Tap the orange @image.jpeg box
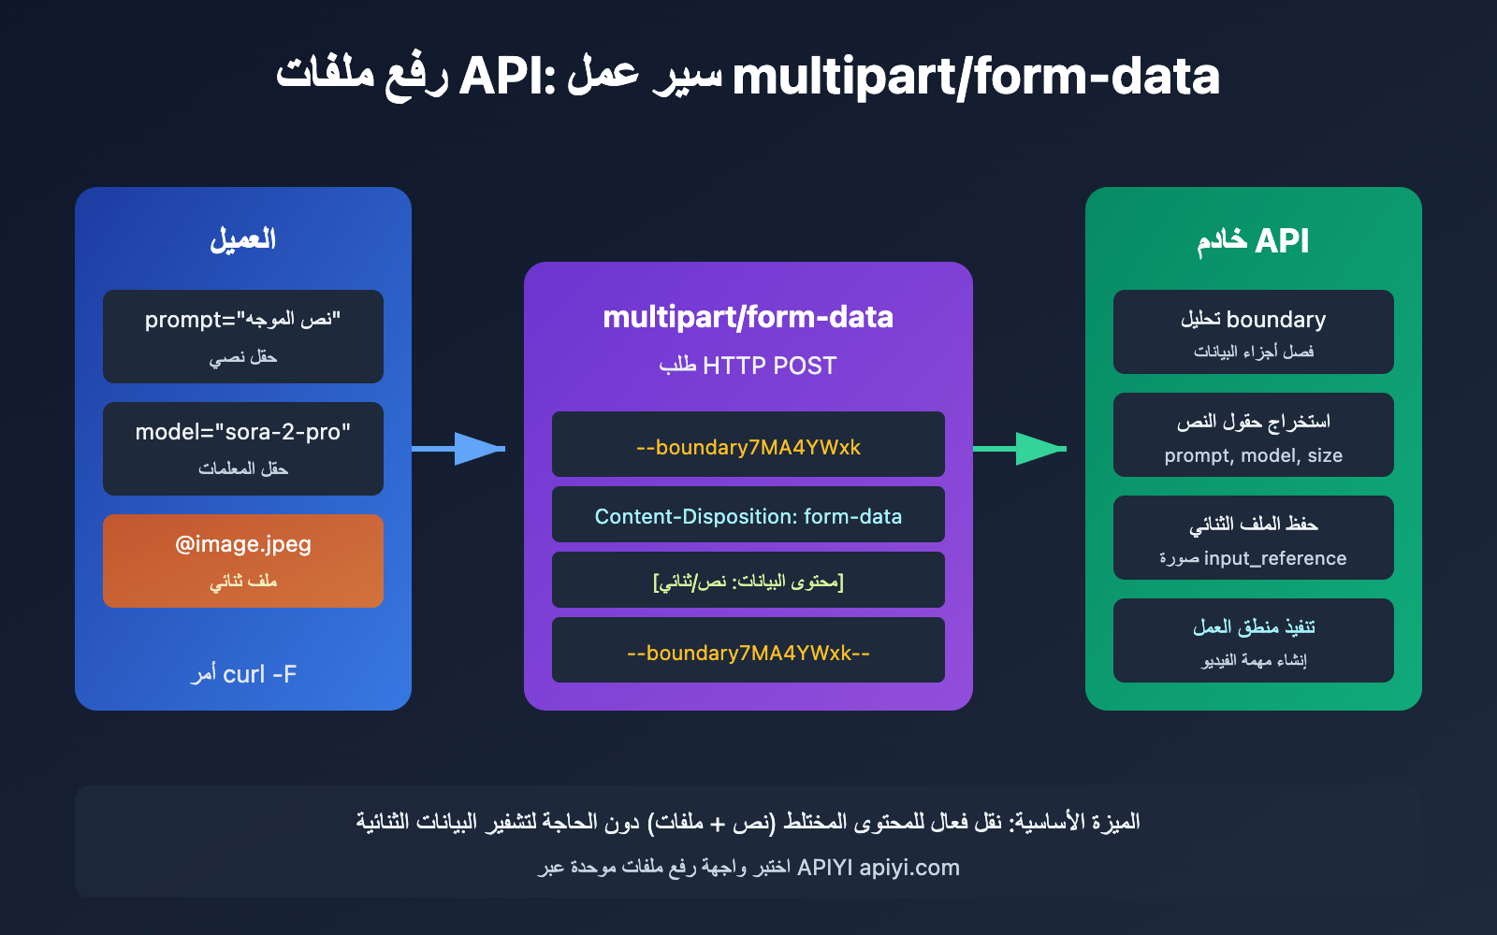click(x=243, y=561)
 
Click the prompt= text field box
click(x=243, y=337)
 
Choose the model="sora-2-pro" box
click(x=243, y=449)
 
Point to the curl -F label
click(x=244, y=674)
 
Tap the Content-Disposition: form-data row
click(x=748, y=515)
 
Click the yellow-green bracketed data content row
click(x=748, y=581)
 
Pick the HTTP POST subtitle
click(x=748, y=366)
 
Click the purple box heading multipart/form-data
click(x=748, y=317)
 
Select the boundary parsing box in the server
click(x=1254, y=332)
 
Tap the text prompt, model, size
click(x=1254, y=455)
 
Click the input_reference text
click(x=1275, y=558)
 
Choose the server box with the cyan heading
click(x=1254, y=640)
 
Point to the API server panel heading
click(x=1254, y=240)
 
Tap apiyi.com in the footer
click(x=909, y=868)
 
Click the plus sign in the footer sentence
click(x=718, y=823)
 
